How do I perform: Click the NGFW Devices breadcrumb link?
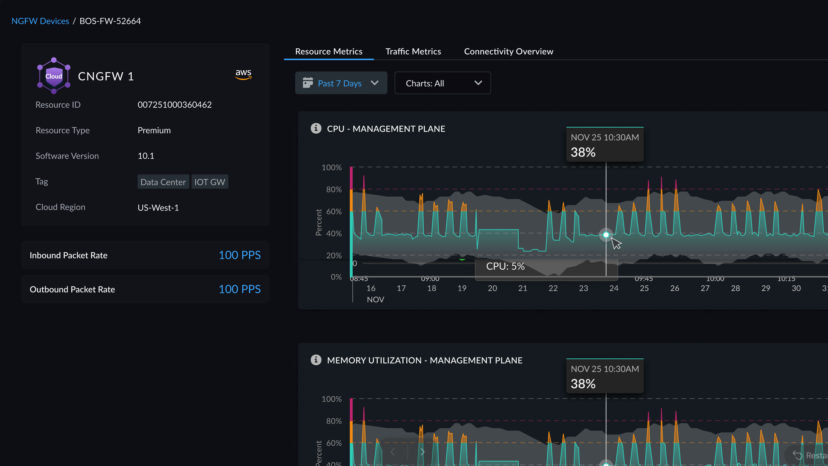tap(40, 21)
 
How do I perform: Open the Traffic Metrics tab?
tap(413, 51)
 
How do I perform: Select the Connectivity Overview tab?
tap(509, 51)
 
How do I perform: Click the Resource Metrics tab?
tap(329, 51)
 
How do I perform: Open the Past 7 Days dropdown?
tap(341, 83)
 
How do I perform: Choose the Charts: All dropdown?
tap(442, 83)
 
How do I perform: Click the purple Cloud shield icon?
tap(54, 76)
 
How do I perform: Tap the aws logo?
tap(243, 74)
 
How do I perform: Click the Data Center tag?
tap(163, 182)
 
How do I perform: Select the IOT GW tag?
tap(210, 182)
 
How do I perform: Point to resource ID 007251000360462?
tap(175, 105)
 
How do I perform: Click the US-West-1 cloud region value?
tap(158, 208)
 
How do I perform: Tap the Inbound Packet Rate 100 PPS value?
tap(239, 255)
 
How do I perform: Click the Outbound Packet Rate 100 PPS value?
tap(239, 289)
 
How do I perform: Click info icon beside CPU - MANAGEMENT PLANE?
tap(316, 128)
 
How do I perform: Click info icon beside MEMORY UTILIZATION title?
tap(316, 360)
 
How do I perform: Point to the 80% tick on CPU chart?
tap(334, 190)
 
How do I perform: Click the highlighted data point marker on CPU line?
tap(606, 235)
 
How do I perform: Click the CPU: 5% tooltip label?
tap(505, 266)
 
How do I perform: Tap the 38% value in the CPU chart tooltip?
tap(583, 152)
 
